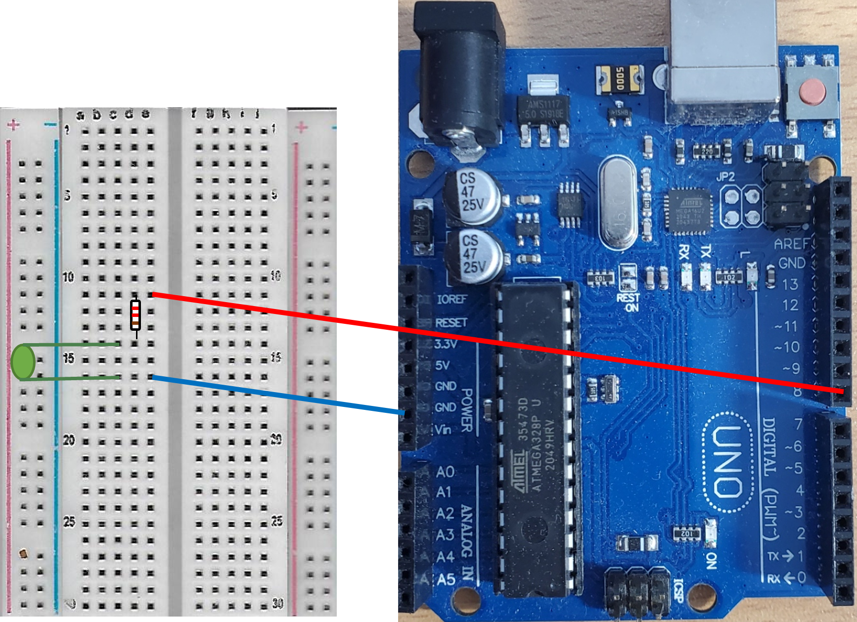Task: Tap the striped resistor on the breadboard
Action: [x=135, y=315]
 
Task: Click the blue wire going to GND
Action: [x=277, y=395]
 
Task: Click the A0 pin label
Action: [x=445, y=472]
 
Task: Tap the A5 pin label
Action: [x=446, y=579]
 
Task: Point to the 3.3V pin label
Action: [x=446, y=344]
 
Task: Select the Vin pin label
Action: [x=444, y=429]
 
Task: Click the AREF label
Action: [x=791, y=244]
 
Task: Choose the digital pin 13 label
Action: [x=790, y=284]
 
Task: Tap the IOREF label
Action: [x=451, y=299]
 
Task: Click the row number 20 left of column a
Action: [x=69, y=440]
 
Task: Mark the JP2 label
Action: [x=725, y=177]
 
